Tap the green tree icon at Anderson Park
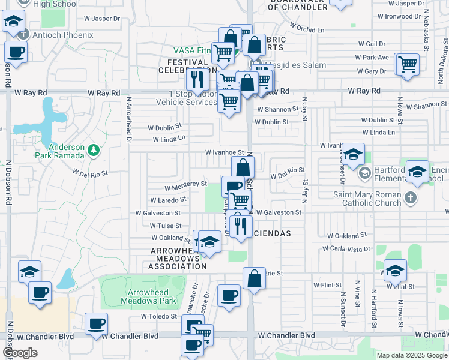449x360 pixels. pyautogui.click(x=93, y=149)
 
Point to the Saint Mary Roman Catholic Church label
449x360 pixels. pyautogui.click(x=367, y=199)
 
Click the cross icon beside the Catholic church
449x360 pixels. pyautogui.click(x=409, y=197)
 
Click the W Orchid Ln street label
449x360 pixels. pyautogui.click(x=306, y=28)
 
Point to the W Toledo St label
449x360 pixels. pyautogui.click(x=159, y=316)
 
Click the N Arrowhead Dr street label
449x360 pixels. pyautogui.click(x=128, y=121)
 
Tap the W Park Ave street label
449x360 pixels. pyautogui.click(x=372, y=58)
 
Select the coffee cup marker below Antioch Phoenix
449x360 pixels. pyautogui.click(x=16, y=52)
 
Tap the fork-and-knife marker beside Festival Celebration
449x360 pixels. pyautogui.click(x=196, y=78)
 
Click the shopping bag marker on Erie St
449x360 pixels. pyautogui.click(x=254, y=278)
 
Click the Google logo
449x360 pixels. pyautogui.click(x=20, y=352)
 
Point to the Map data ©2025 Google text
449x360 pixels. pyautogui.click(x=411, y=355)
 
